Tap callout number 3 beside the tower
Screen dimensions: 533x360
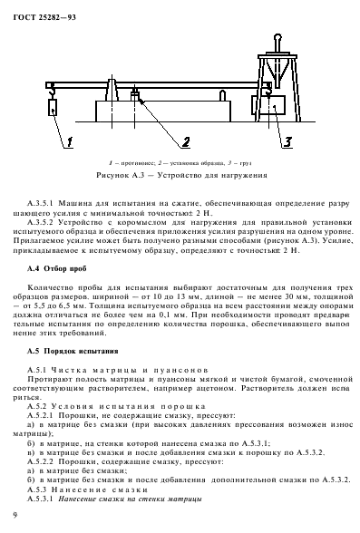coord(287,141)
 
